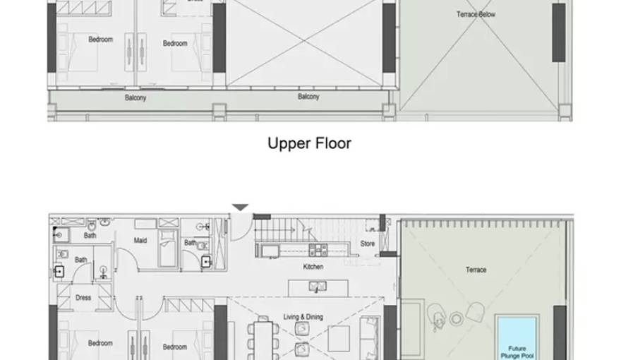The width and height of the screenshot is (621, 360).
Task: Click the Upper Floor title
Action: click(x=309, y=144)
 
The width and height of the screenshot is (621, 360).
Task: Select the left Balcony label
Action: click(x=135, y=98)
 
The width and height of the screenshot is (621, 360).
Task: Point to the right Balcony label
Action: click(x=308, y=97)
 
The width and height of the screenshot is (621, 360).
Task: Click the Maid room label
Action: click(x=140, y=241)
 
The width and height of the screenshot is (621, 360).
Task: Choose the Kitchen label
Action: click(x=313, y=267)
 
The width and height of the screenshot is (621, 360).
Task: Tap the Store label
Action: click(x=368, y=244)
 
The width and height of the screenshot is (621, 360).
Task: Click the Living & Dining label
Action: click(x=303, y=317)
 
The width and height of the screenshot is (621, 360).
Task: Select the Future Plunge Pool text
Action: click(x=517, y=352)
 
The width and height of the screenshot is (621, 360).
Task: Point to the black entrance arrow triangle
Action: click(x=241, y=208)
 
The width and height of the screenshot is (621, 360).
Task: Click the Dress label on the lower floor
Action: click(x=83, y=298)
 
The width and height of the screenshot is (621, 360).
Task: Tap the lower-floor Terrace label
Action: click(x=476, y=270)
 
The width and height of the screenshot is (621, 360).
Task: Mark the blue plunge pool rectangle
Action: click(x=517, y=338)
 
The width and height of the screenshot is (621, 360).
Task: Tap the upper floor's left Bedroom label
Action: click(x=100, y=40)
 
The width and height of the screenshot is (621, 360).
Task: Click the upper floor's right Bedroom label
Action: click(x=175, y=44)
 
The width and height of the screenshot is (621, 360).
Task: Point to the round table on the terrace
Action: click(x=457, y=319)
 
